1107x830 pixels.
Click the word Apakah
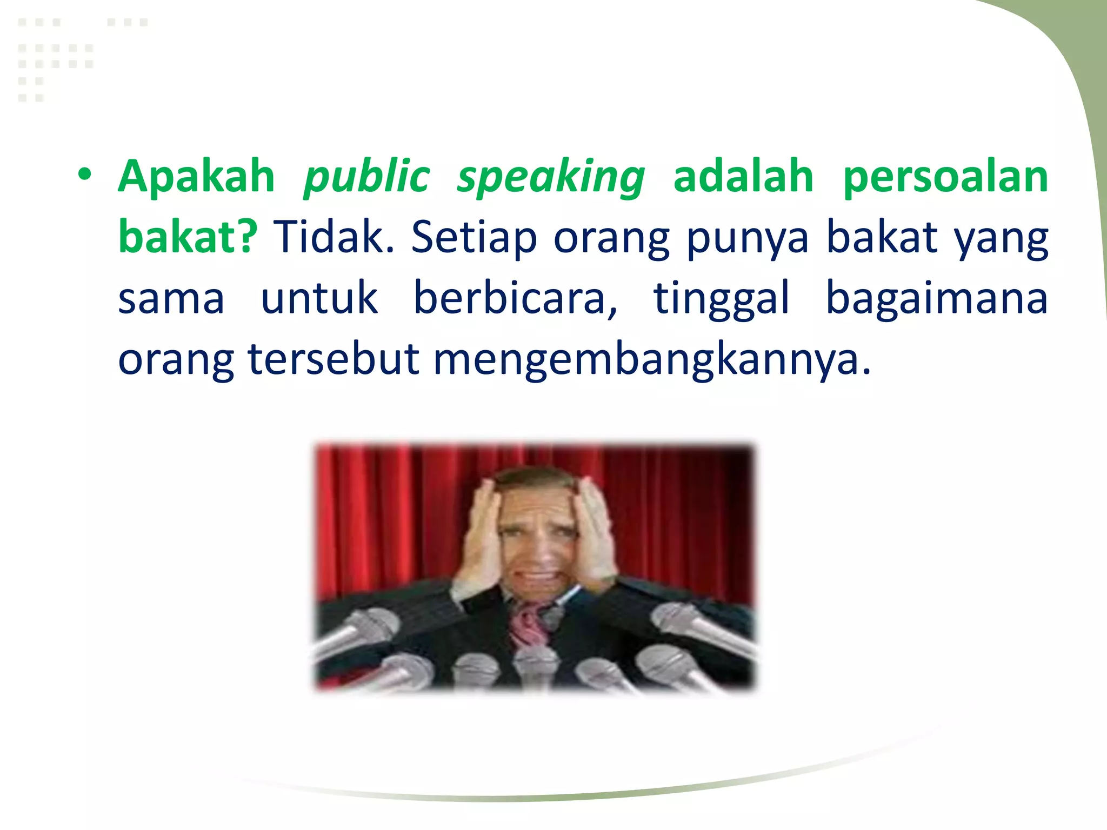(197, 176)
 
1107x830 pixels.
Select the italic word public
(366, 177)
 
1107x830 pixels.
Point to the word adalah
(743, 176)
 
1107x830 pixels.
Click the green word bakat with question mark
(188, 237)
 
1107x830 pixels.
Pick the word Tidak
(334, 237)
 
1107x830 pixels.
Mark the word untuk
(319, 298)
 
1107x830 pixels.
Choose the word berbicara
(515, 298)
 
